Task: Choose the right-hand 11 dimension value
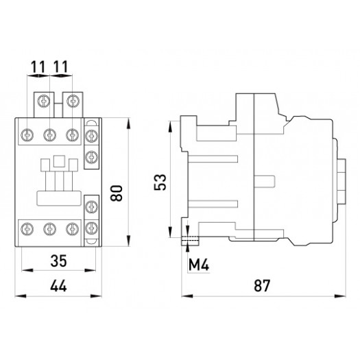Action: point(60,69)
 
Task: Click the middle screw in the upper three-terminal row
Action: point(49,135)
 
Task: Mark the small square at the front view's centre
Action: point(58,163)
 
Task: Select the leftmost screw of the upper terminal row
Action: point(29,135)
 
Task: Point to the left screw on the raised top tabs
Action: point(45,101)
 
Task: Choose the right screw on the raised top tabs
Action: point(71,101)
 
